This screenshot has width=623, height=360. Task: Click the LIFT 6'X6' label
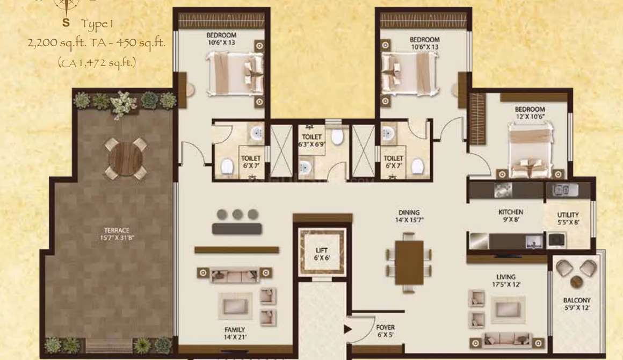[321, 254]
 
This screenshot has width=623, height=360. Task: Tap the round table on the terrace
[126, 159]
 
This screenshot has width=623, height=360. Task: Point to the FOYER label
[386, 327]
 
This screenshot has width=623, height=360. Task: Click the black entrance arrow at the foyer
[347, 329]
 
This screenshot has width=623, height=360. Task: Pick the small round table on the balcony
[576, 282]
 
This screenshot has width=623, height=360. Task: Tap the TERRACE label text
[117, 230]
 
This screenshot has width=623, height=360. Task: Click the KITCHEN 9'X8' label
[511, 215]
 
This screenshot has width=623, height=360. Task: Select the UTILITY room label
[568, 215]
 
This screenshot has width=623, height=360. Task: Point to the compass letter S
[66, 23]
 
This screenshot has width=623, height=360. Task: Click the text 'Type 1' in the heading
[97, 24]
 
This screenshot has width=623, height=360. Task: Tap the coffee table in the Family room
[235, 306]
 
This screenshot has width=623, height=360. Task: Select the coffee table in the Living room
[508, 309]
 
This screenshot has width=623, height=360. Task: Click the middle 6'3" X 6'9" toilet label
[312, 141]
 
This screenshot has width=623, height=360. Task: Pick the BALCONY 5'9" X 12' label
[577, 304]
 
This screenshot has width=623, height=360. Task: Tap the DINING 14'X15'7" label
[409, 216]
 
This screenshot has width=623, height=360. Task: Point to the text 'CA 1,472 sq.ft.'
[97, 63]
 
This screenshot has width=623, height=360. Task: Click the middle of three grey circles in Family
[237, 214]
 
